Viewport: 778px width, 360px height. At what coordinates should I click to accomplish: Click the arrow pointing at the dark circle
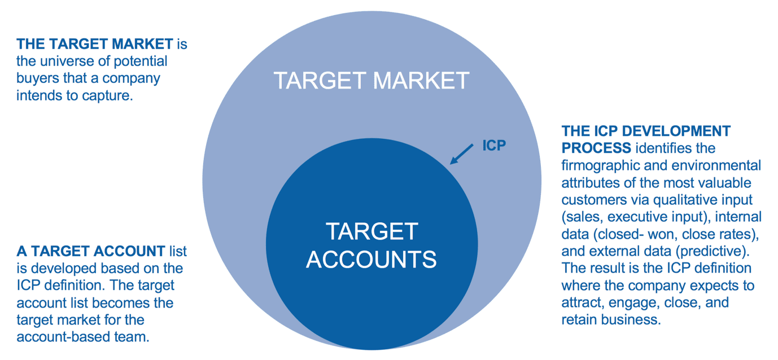pyautogui.click(x=462, y=153)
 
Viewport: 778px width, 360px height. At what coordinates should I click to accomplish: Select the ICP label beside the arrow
pyautogui.click(x=493, y=145)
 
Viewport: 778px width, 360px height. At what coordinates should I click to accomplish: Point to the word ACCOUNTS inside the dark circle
pyautogui.click(x=371, y=259)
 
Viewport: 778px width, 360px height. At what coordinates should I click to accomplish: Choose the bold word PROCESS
pyautogui.click(x=596, y=148)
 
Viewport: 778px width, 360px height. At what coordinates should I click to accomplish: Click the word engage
pyautogui.click(x=627, y=302)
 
